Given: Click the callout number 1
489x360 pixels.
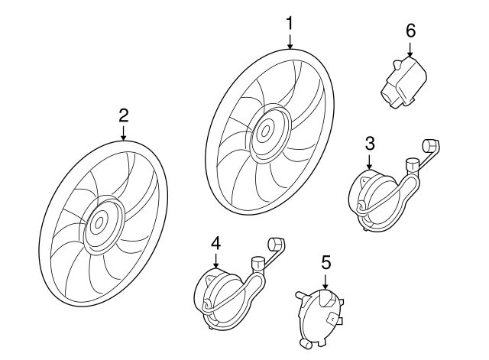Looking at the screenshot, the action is pos(290,24).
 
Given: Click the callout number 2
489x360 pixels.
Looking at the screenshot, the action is pos(124,115).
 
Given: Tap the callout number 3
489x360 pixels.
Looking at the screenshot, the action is pos(370,144).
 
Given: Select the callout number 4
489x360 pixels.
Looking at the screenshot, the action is pos(215,243).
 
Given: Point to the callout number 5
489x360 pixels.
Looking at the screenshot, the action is pos(325,262).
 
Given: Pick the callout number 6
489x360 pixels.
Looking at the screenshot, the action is pos(411,31).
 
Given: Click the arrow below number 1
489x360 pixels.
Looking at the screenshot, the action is pos(290,42).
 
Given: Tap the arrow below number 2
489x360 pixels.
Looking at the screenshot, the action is pos(124,134).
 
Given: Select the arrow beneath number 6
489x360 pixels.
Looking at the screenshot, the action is pos(410,49).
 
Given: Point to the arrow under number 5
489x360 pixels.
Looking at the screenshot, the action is pos(325,282).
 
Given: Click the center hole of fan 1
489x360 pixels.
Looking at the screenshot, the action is pos(265,131).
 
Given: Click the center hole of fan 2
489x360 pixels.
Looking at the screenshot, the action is pos(99,222).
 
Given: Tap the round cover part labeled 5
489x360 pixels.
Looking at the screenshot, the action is pos(319,318).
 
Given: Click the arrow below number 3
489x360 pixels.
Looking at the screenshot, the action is pos(370,162).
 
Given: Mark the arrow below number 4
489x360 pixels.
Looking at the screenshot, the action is pos(215,261).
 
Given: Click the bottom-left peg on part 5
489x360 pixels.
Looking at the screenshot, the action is pos(304,343).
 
